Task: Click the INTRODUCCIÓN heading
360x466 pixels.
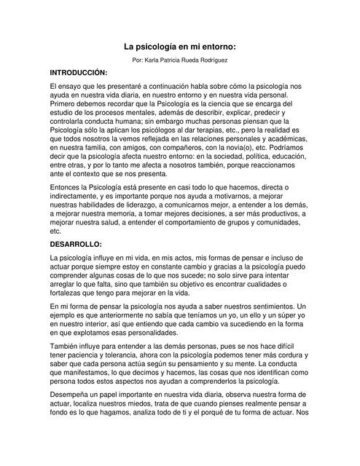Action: (x=78, y=74)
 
